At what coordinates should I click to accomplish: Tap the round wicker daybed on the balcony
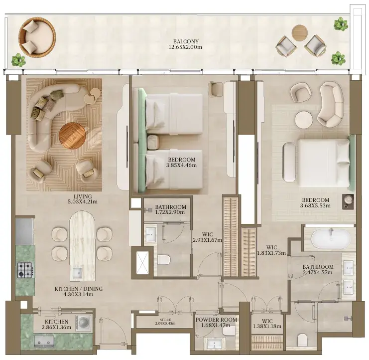37,36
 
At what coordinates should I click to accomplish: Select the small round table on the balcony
300,33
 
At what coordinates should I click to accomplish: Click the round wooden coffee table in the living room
72,136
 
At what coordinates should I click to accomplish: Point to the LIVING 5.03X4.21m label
83,199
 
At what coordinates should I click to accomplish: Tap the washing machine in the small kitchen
84,323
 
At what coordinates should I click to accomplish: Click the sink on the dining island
77,273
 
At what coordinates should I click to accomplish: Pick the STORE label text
165,320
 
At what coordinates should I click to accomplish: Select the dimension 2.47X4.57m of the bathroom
318,272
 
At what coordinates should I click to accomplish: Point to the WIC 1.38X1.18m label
267,324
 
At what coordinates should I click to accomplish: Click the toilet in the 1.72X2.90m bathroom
164,260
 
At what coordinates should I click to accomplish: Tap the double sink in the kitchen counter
44,341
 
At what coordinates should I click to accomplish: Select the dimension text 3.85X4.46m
181,165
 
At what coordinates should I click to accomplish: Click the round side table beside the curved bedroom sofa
304,120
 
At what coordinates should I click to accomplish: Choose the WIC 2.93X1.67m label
208,237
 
